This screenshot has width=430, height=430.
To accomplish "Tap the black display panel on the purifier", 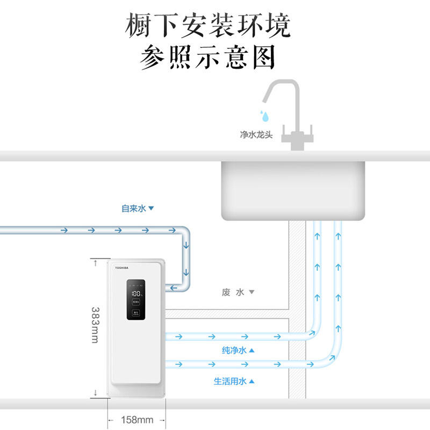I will click(x=136, y=300).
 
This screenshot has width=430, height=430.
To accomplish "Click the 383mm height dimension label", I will click(x=95, y=325).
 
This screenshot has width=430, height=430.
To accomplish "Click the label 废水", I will click(x=233, y=292).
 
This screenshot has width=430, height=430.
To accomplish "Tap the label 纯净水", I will click(x=234, y=350).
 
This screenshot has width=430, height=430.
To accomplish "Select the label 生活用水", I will click(x=230, y=382).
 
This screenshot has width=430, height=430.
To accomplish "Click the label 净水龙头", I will click(x=256, y=135).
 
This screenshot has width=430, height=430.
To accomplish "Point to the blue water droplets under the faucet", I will click(x=264, y=116).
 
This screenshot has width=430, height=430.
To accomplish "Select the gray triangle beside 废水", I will click(x=251, y=292).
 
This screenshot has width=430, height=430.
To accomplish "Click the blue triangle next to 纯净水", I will click(x=251, y=350).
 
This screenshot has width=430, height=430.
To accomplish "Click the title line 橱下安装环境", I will click(x=208, y=25).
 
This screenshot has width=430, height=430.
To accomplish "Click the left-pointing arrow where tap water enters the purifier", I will click(x=175, y=289).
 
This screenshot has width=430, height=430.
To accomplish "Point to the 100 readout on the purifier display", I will click(x=136, y=295).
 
